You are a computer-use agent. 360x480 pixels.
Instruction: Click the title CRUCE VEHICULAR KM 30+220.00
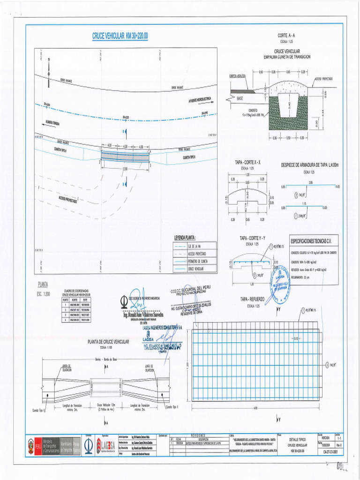pos(121,37)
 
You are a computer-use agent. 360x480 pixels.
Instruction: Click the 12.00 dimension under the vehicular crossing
pos(125,169)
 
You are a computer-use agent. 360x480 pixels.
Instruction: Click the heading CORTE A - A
pos(286,36)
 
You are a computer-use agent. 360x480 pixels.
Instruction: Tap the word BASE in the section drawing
pos(240,98)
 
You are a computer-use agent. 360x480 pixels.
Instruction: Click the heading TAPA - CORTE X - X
pos(247,162)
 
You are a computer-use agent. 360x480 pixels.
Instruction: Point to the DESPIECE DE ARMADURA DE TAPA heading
pos(309,165)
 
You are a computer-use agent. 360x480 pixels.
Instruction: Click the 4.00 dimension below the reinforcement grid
pos(255,408)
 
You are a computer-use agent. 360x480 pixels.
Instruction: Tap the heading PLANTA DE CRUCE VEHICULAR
pos(108,342)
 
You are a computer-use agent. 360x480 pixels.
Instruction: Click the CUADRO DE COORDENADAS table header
pos(77,292)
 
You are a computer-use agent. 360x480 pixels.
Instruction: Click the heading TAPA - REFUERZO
pos(253,299)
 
